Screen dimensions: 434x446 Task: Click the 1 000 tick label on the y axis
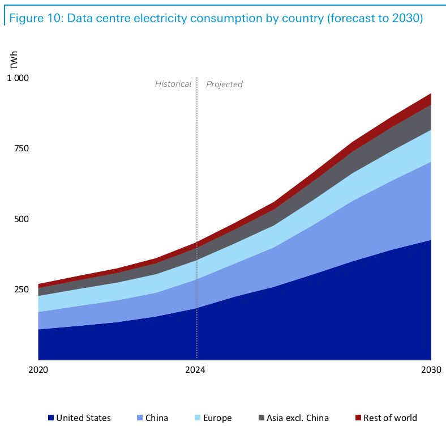click(x=17, y=78)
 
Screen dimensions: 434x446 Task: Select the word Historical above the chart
click(x=173, y=84)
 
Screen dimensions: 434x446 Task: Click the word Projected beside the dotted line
click(x=224, y=84)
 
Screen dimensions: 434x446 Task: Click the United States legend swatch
click(x=51, y=418)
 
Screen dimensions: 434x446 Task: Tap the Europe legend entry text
click(x=217, y=418)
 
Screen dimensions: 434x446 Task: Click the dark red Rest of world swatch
click(x=358, y=418)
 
